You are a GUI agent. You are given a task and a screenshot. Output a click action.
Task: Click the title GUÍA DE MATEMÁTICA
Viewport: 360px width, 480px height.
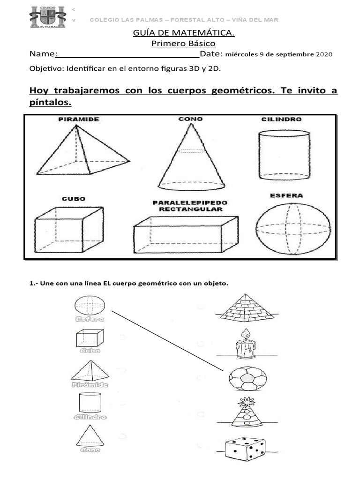(184, 33)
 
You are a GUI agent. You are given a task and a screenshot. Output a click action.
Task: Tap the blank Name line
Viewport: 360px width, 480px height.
(127, 54)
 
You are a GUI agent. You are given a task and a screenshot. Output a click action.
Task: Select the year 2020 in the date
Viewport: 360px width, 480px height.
(324, 54)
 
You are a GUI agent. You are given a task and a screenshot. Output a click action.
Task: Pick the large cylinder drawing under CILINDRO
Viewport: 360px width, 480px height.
(284, 155)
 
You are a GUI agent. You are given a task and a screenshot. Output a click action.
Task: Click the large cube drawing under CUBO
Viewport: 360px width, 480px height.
(68, 230)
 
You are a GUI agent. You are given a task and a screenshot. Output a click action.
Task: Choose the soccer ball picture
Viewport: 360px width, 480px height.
(247, 377)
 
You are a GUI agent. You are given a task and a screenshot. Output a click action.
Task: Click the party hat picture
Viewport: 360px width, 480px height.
(247, 412)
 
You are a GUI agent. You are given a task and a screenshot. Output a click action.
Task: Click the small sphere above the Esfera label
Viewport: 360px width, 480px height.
(90, 305)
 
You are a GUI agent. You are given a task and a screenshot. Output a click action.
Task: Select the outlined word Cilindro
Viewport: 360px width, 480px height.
(90, 417)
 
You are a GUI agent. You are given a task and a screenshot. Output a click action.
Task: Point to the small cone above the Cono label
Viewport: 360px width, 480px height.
(89, 435)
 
